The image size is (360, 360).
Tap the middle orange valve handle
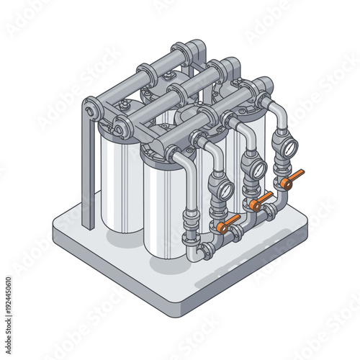(261, 201)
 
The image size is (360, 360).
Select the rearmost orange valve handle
(292, 179)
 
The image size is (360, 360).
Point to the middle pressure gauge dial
(255, 168)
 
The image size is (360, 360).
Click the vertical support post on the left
(87, 173)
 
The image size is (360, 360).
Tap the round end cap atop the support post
(89, 109)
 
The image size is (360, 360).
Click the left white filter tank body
(120, 184)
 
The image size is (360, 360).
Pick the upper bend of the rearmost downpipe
(276, 108)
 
